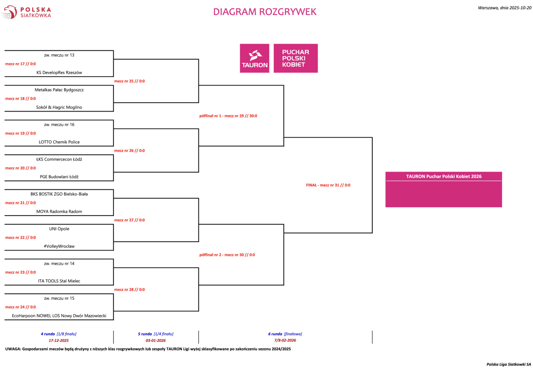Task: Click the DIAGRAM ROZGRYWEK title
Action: (264, 12)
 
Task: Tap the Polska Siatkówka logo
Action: (26, 12)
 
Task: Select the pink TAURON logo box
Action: (254, 58)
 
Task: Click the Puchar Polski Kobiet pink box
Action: (295, 58)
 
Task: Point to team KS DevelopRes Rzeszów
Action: (59, 72)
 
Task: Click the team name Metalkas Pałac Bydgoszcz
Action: (59, 90)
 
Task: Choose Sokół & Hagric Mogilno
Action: (59, 107)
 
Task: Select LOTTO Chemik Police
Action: (59, 142)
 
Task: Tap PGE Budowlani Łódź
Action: (59, 177)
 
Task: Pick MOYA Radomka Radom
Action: (59, 211)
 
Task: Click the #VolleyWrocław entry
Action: (59, 246)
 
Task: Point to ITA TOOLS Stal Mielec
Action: (59, 281)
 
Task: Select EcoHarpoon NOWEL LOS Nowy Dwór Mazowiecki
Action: (59, 316)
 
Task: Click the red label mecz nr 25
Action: (129, 81)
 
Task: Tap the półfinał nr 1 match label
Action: (228, 116)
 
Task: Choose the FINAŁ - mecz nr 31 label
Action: (328, 185)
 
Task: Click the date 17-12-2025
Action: (59, 340)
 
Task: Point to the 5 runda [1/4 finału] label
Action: (156, 334)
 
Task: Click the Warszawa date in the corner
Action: (504, 8)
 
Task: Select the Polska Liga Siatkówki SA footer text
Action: (508, 364)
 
